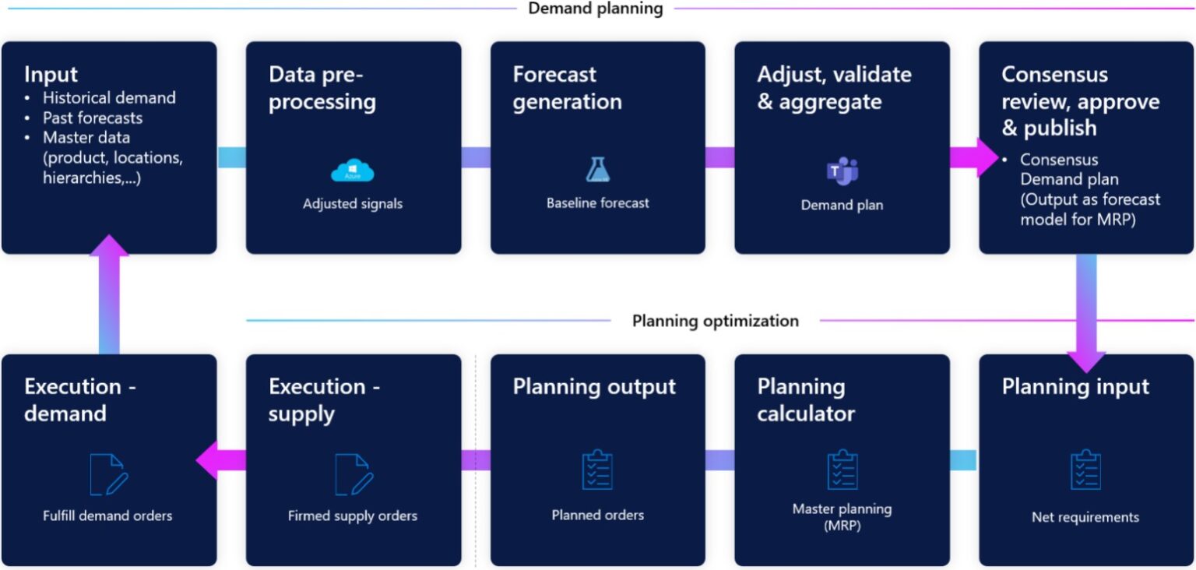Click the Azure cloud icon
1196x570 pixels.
(x=353, y=171)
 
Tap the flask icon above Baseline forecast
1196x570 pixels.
(x=597, y=170)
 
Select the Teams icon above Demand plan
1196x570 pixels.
(x=842, y=171)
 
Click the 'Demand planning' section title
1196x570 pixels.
(x=596, y=9)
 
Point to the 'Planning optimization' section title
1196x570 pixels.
(x=715, y=321)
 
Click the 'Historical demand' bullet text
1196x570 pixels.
(x=109, y=98)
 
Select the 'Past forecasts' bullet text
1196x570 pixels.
(x=93, y=118)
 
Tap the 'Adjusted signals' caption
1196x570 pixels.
(x=353, y=204)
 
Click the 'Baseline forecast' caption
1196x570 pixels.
(x=597, y=203)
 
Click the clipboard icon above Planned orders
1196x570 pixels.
(x=597, y=470)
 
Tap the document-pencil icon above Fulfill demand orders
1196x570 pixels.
(x=108, y=473)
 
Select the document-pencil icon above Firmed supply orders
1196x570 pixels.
(x=353, y=473)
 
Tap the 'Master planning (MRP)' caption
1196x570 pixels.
(x=842, y=516)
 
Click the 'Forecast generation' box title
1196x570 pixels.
(x=567, y=88)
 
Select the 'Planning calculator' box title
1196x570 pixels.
(x=806, y=399)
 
